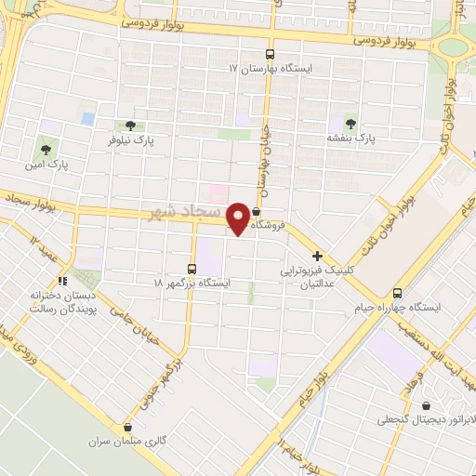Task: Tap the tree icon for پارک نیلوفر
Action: click(x=128, y=126)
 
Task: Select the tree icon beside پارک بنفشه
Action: click(x=350, y=122)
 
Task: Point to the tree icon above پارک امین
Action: click(x=44, y=149)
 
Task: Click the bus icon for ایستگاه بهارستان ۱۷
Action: click(x=270, y=55)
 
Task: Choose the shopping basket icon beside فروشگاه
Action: click(x=257, y=211)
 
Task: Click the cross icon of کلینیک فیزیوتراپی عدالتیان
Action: click(x=318, y=256)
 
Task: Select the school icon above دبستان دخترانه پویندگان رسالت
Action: click(x=62, y=280)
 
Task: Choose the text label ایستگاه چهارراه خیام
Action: click(x=397, y=309)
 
